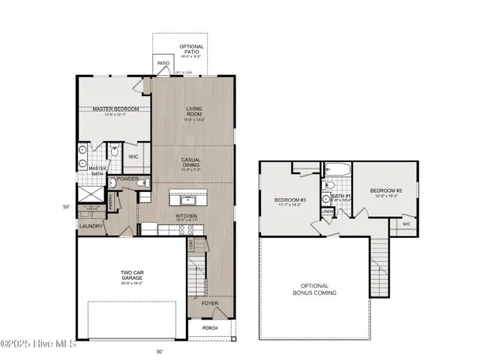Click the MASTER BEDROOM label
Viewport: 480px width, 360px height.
(115, 109)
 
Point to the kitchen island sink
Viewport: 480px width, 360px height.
(184, 200)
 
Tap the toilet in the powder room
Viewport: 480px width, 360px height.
(146, 182)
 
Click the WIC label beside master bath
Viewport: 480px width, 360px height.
(133, 157)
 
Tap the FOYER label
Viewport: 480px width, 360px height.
(209, 304)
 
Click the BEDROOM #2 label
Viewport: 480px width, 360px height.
(385, 192)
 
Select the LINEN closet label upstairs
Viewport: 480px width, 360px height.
(328, 212)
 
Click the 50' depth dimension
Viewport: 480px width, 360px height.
(66, 206)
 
